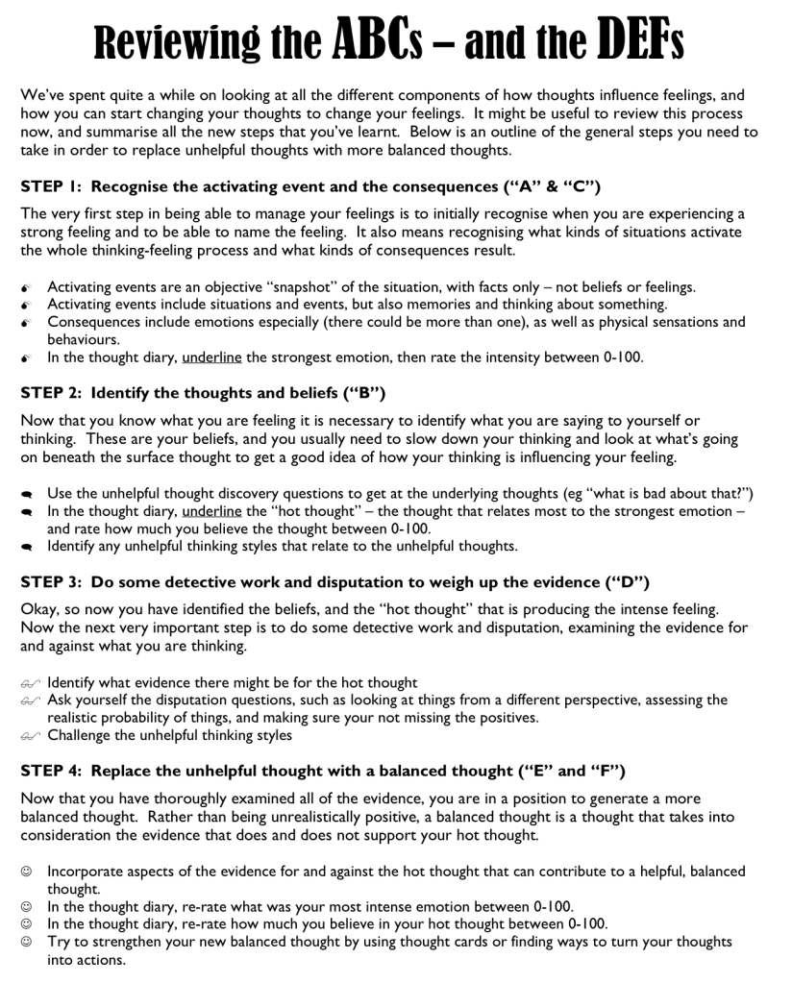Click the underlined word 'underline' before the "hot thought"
coord(211,511)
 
